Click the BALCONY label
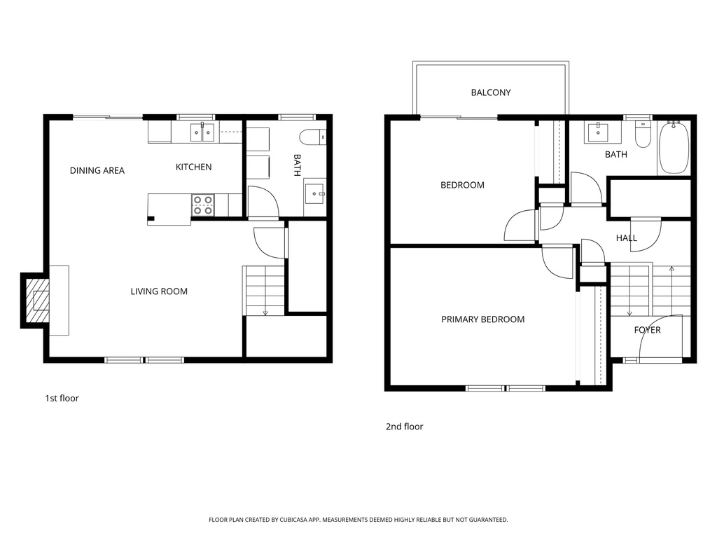pyautogui.click(x=491, y=92)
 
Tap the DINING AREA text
pyautogui.click(x=97, y=170)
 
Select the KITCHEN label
pyautogui.click(x=193, y=167)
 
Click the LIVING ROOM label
pyautogui.click(x=159, y=291)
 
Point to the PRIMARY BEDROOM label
pyautogui.click(x=482, y=319)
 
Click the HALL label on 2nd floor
pyautogui.click(x=627, y=238)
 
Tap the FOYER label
pyautogui.click(x=647, y=330)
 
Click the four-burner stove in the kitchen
pyautogui.click(x=203, y=205)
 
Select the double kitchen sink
pyautogui.click(x=202, y=132)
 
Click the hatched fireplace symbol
pyautogui.click(x=39, y=299)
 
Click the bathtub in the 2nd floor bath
pyautogui.click(x=674, y=147)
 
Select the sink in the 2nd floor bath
pyautogui.click(x=597, y=131)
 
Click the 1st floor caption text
pyautogui.click(x=62, y=399)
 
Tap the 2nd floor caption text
pyautogui.click(x=404, y=427)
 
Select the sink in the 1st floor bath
pyautogui.click(x=316, y=191)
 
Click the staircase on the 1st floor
pyautogui.click(x=265, y=291)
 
